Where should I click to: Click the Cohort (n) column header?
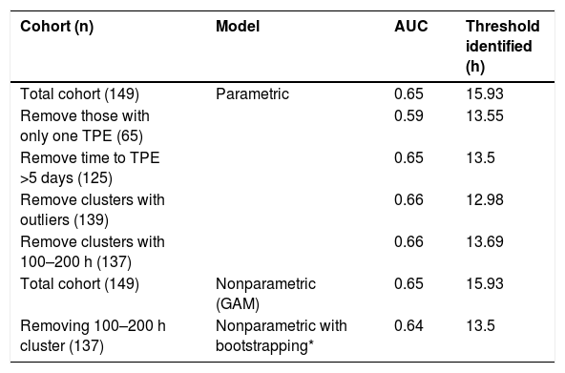(56, 27)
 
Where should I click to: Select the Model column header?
(238, 27)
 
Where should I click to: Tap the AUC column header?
(410, 27)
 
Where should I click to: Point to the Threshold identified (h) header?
(502, 47)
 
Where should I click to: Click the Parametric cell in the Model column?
(252, 94)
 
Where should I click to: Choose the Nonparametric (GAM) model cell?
(265, 294)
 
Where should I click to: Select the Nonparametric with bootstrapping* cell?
(281, 336)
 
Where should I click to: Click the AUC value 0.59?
(408, 116)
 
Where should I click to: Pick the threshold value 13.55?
(485, 116)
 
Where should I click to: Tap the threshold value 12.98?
(485, 199)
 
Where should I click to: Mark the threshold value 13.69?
(485, 241)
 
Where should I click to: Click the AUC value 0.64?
(408, 325)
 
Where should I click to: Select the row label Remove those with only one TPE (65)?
(85, 126)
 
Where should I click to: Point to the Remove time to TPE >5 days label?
(90, 168)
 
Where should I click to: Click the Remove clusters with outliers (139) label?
(93, 210)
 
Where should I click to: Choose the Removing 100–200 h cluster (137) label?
(93, 336)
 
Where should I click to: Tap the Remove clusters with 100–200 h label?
(93, 252)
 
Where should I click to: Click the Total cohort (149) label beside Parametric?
(79, 94)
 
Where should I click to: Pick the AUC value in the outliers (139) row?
(408, 199)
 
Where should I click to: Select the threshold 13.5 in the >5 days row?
(480, 157)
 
